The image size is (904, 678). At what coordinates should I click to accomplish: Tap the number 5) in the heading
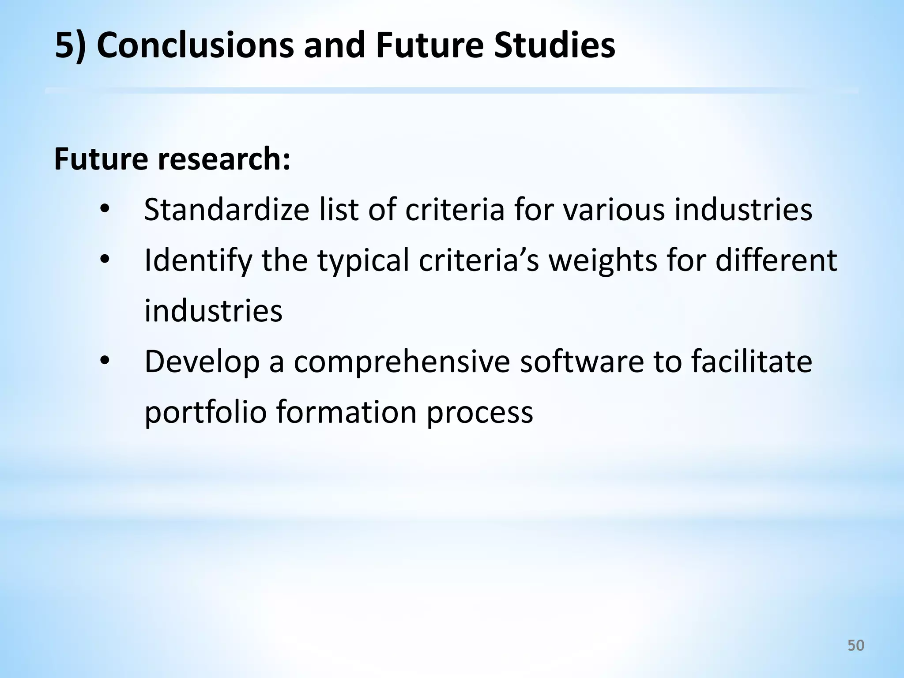[71, 45]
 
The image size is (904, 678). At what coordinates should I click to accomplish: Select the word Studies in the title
[554, 45]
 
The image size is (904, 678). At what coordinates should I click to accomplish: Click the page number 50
[856, 645]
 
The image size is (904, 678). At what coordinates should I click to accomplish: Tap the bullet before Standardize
[104, 209]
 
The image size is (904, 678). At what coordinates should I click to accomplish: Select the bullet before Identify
[104, 260]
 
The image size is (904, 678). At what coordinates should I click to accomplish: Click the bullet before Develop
[104, 361]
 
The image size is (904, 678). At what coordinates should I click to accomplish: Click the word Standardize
[226, 209]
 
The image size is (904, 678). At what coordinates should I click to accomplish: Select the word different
[776, 260]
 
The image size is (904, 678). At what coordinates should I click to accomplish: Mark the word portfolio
[206, 412]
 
